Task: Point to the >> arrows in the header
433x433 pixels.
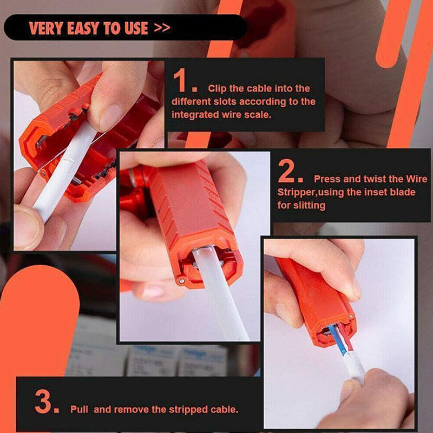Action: click(162, 28)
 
